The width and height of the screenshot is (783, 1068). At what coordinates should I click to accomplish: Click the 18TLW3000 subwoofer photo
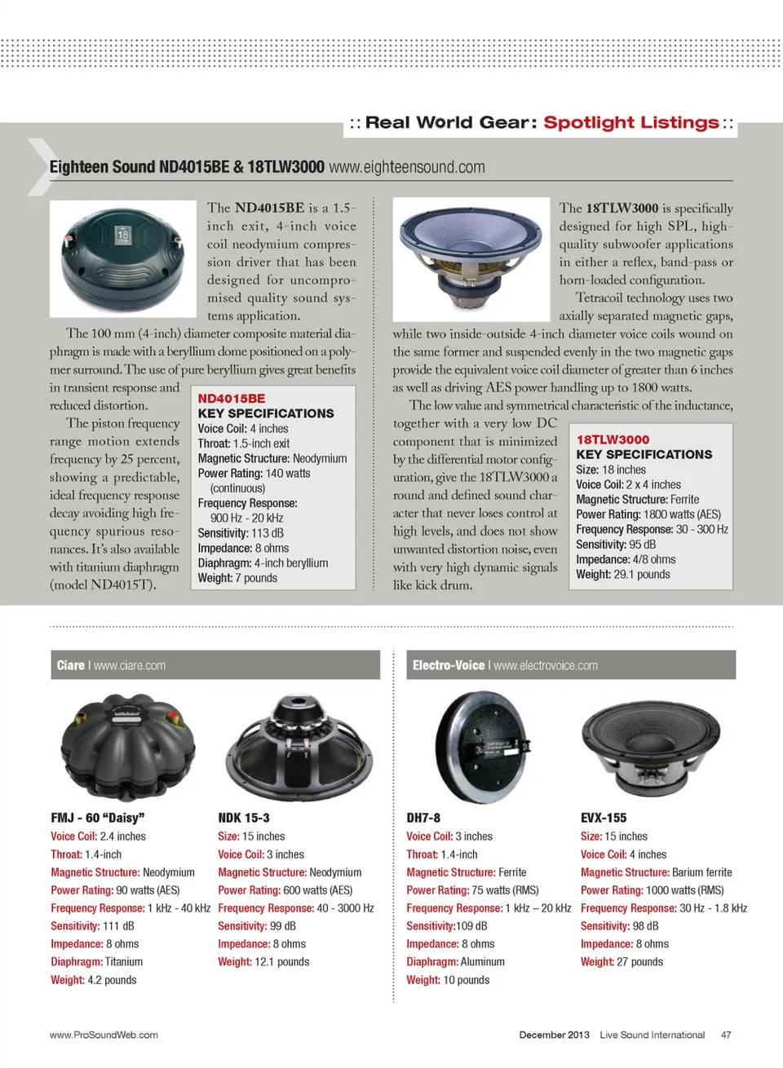(x=471, y=259)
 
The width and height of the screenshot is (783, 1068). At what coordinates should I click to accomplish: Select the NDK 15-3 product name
(x=243, y=818)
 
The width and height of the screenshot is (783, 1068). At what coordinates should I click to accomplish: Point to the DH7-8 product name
(x=423, y=818)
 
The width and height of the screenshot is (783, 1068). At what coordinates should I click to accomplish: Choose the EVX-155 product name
(x=604, y=818)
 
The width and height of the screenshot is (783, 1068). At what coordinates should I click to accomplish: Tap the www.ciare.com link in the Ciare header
(x=130, y=665)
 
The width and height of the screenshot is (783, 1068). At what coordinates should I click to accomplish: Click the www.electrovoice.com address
(x=545, y=665)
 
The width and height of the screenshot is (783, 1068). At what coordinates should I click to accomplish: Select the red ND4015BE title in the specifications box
(x=232, y=399)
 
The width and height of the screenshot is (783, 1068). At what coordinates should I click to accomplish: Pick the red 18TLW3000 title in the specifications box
(x=613, y=439)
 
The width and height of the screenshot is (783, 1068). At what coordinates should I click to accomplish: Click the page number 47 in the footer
(x=726, y=1035)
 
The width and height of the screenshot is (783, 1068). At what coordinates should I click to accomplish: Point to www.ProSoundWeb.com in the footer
(x=104, y=1035)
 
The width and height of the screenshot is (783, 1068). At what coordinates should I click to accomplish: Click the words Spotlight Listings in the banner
(x=631, y=122)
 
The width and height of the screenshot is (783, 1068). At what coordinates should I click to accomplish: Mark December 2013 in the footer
(x=554, y=1035)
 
